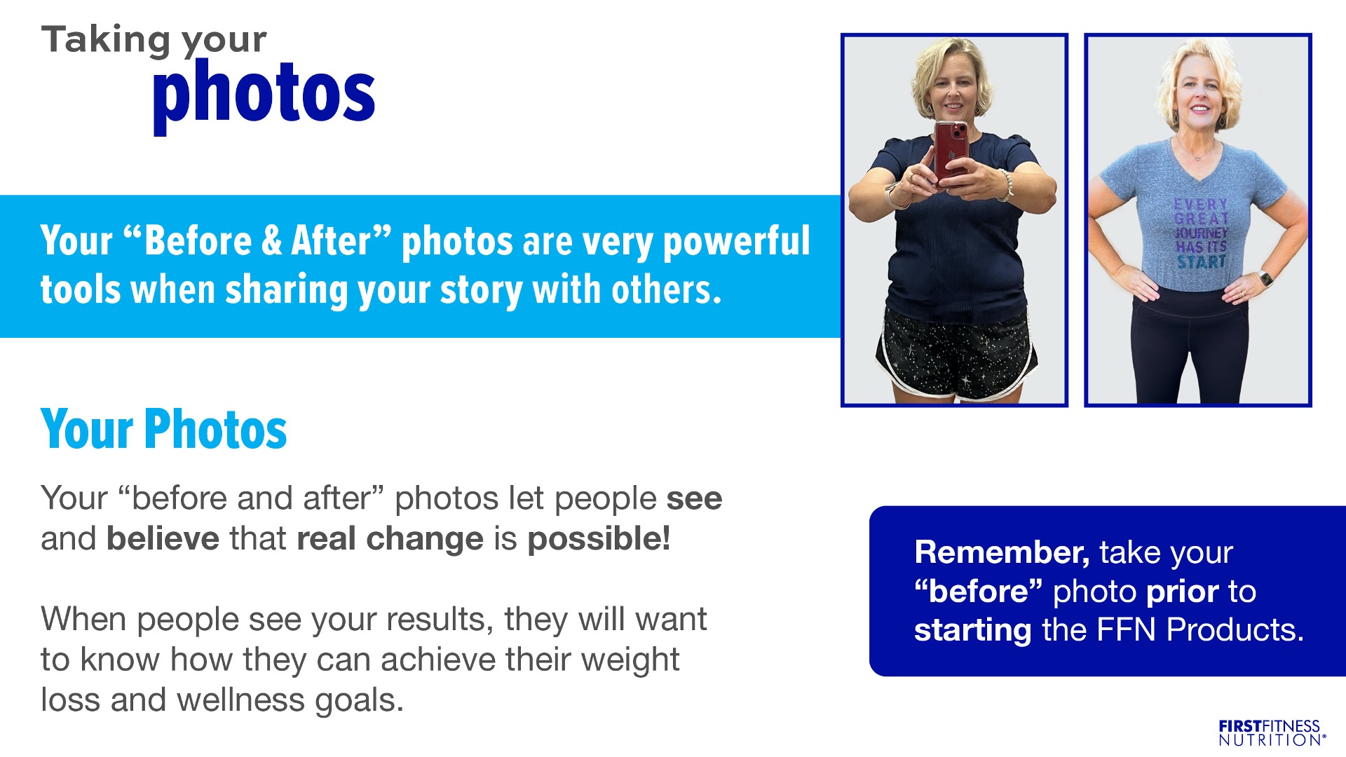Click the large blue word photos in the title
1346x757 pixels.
[x=264, y=94]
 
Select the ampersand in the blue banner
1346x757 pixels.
[x=271, y=240]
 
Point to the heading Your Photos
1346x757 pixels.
[x=164, y=429]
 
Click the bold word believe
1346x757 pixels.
[x=163, y=538]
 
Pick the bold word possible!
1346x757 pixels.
[x=599, y=539]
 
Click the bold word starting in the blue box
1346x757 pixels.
[x=972, y=631]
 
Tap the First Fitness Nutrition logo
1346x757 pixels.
[x=1272, y=732]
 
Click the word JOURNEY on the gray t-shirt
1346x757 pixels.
[x=1201, y=233]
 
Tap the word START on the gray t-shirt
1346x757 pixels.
[x=1202, y=262]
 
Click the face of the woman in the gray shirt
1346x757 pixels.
[x=1200, y=93]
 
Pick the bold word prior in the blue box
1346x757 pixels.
[x=1183, y=592]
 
